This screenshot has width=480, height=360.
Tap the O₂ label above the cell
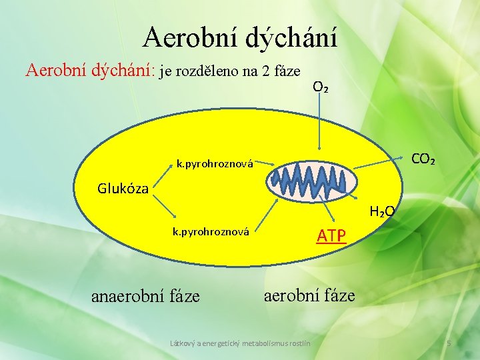[x=320, y=87]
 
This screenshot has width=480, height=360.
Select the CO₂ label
[x=423, y=160]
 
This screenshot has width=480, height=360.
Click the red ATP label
[x=331, y=235]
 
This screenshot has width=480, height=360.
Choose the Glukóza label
[x=123, y=188]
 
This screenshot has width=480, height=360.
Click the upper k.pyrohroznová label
[x=215, y=163]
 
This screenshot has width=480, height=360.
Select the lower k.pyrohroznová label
[x=211, y=232]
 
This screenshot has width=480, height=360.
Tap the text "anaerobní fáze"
[x=145, y=295]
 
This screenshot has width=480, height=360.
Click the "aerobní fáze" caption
[x=309, y=295]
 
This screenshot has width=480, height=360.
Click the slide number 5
[x=449, y=343]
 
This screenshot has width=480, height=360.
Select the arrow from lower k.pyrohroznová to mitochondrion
[x=267, y=213]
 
